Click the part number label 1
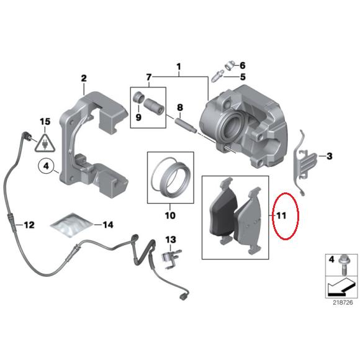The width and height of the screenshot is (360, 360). coord(179,66)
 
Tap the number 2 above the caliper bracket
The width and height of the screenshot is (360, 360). coord(83,78)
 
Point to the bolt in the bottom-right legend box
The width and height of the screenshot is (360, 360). coord(341,269)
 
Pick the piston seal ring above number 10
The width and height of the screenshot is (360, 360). coord(169,176)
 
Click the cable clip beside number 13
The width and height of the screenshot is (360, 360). coord(168,256)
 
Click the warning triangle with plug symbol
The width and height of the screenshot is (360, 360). coord(44,143)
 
